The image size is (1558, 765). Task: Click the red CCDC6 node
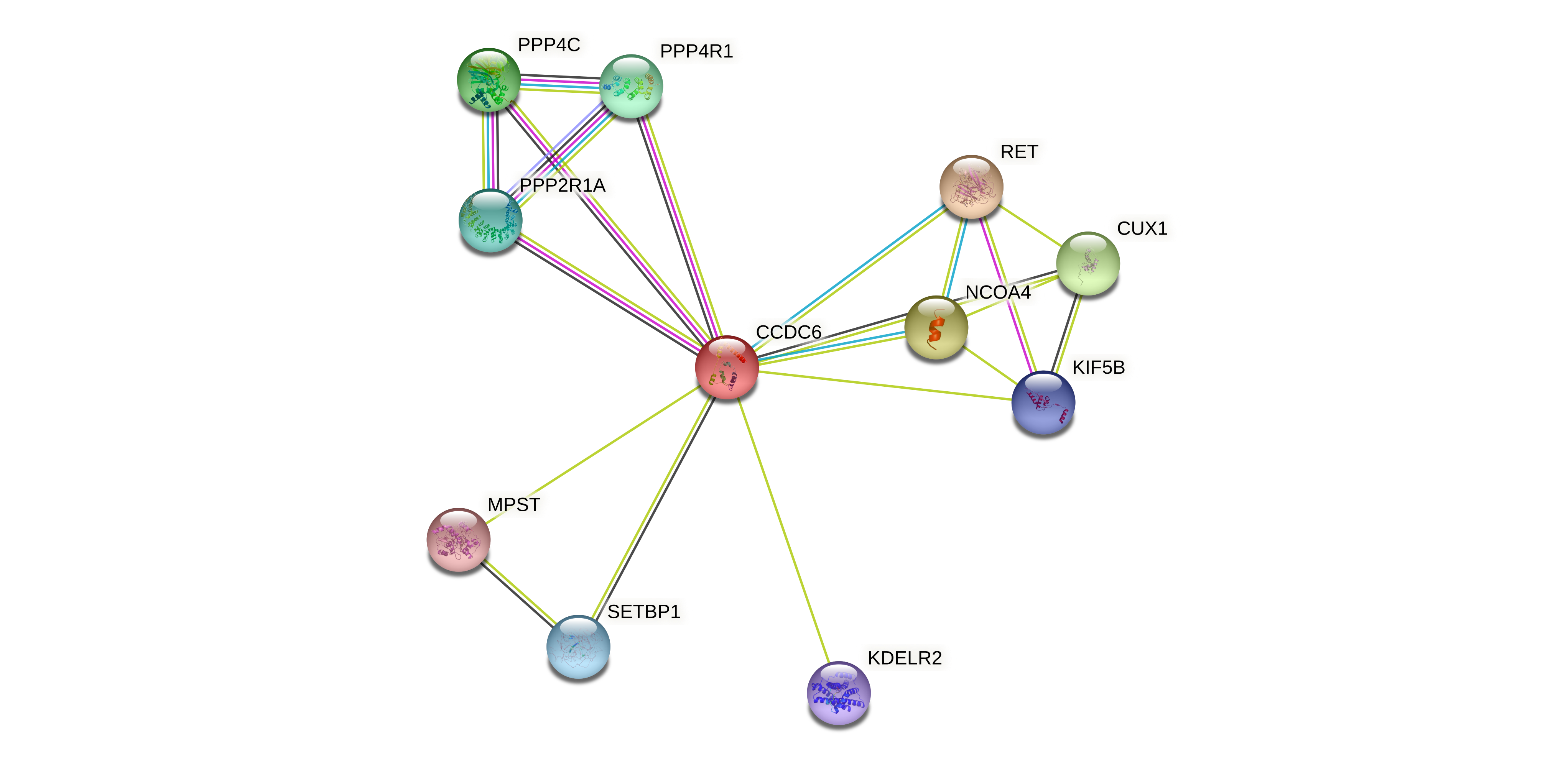click(x=726, y=367)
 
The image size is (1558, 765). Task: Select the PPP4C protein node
click(x=489, y=80)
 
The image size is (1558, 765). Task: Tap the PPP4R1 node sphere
click(x=631, y=87)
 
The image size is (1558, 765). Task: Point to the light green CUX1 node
click(x=1088, y=264)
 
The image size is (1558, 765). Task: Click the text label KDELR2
click(x=904, y=658)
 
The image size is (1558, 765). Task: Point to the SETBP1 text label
click(x=643, y=612)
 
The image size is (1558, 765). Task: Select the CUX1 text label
click(x=1142, y=228)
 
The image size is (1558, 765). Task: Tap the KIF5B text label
click(x=1098, y=368)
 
